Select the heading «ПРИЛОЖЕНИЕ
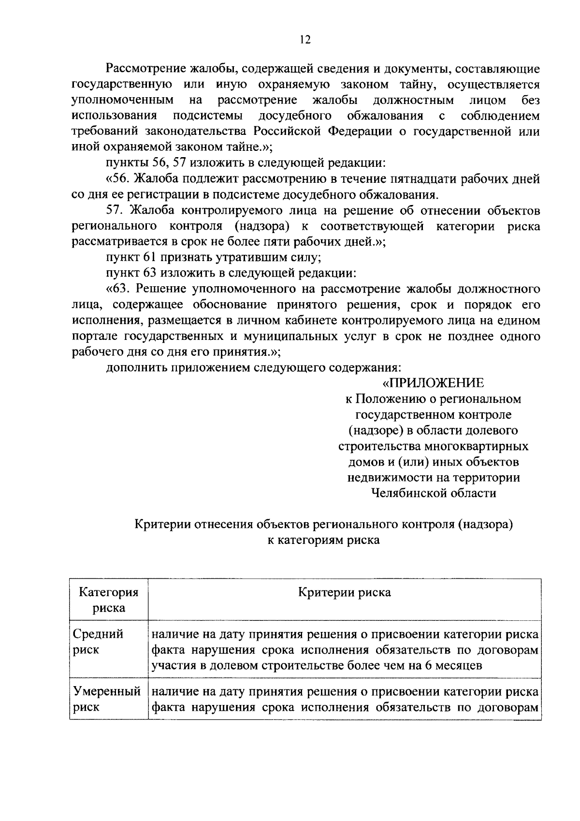click(433, 383)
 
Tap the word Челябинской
click(407, 493)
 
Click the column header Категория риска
click(109, 600)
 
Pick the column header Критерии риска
click(345, 592)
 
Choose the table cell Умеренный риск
click(107, 699)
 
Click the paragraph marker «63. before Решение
click(119, 289)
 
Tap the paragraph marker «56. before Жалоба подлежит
click(119, 179)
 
